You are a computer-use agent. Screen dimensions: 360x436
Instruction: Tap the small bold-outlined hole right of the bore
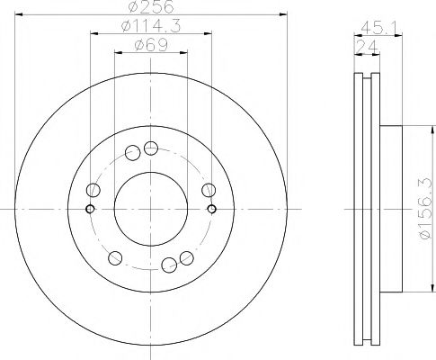[212, 209]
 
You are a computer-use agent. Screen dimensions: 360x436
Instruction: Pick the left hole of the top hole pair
[132, 152]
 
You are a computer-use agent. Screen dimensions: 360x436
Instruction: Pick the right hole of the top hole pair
[151, 148]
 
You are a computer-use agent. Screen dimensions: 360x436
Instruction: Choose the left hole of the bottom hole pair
[168, 265]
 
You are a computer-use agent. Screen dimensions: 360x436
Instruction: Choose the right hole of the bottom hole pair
[186, 258]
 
